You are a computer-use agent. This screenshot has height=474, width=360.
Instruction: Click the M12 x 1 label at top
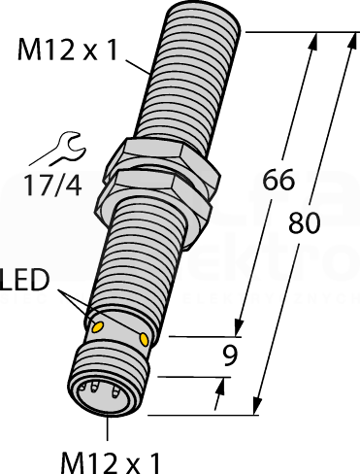67,50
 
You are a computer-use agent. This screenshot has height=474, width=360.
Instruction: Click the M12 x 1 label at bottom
111,463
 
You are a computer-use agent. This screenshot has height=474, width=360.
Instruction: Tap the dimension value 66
278,180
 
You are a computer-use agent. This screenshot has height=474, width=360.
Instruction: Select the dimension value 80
304,222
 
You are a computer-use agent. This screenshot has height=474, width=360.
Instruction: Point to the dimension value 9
230,355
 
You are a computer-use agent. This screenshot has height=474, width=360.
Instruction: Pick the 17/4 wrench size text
53,186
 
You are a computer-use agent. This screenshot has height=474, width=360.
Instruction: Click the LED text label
24,280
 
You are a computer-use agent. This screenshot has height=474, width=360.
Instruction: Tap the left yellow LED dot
97,327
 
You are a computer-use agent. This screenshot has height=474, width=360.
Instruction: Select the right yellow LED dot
144,339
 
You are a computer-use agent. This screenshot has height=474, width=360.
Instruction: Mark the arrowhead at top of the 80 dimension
352,40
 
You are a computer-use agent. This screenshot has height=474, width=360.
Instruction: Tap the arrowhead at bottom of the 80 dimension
257,406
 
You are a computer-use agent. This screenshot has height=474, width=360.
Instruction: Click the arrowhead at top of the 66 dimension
313,40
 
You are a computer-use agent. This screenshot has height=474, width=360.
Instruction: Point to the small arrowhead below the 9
220,386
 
